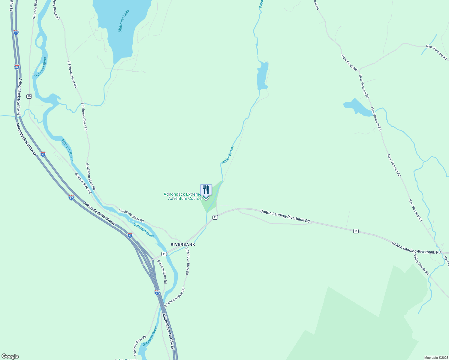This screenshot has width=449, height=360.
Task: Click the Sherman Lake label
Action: pos(124,21)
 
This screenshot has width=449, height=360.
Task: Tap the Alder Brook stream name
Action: pos(228,155)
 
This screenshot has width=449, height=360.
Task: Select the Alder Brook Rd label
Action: pos(349,62)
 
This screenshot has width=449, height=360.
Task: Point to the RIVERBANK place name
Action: pos(183,244)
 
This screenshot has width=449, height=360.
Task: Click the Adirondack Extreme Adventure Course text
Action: pos(182,196)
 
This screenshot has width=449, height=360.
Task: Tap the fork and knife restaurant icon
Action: pos(206,190)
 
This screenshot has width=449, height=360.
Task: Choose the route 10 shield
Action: pos(29,96)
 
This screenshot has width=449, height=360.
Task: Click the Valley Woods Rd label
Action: pos(421,265)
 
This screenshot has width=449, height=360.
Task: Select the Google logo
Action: pos(10,356)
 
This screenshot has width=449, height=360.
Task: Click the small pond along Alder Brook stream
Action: pos(262,76)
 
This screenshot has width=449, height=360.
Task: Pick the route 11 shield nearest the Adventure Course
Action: pos(215,217)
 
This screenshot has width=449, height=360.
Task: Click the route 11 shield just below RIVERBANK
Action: pos(164,254)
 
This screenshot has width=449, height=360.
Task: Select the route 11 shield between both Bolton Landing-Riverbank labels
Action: pos(356,231)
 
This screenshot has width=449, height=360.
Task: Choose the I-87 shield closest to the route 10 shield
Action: pos(17,67)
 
